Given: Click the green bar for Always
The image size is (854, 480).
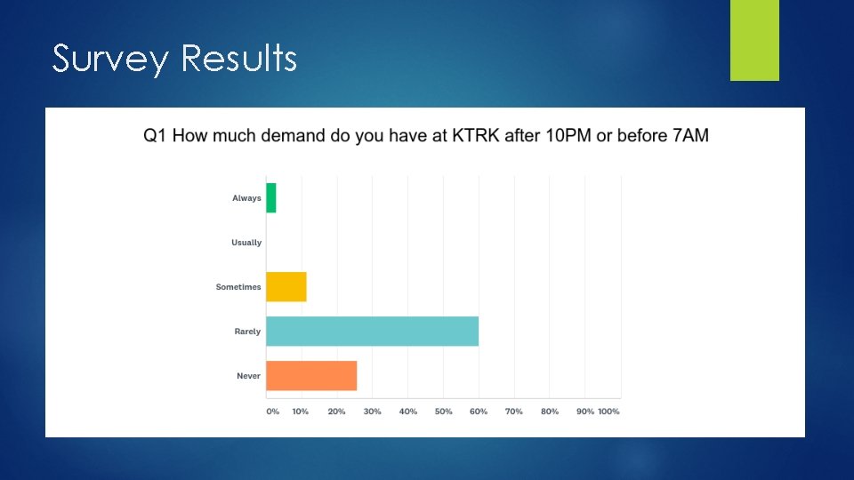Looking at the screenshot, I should pos(271,197).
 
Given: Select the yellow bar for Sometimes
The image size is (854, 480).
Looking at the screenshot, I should pos(286,287).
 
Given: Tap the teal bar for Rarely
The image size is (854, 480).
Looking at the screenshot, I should pos(372,331).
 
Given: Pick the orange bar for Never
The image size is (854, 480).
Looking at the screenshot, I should pos(311,376).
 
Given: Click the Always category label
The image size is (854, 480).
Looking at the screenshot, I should pos(246,198).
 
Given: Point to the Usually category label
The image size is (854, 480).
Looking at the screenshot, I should pos(246,243).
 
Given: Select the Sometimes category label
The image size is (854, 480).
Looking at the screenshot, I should pos(238,287).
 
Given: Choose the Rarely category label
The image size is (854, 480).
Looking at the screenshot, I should pos(247,332).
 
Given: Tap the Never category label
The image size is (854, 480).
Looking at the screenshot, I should pos(248,376).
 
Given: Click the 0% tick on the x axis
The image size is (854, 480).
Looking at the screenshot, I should pos(273,412).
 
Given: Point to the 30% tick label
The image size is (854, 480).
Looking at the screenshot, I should pos(373,412).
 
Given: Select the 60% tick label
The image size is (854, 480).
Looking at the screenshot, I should pos(479,412).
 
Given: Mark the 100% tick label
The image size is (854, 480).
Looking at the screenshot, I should pos(608,412).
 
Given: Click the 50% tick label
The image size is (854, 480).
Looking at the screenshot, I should pos(444,412).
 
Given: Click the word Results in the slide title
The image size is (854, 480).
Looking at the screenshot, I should pos(238,59).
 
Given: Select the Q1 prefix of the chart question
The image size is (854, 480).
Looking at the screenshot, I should pos(155,135).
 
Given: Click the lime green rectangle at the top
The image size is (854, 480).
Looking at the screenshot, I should pos(754,40).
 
